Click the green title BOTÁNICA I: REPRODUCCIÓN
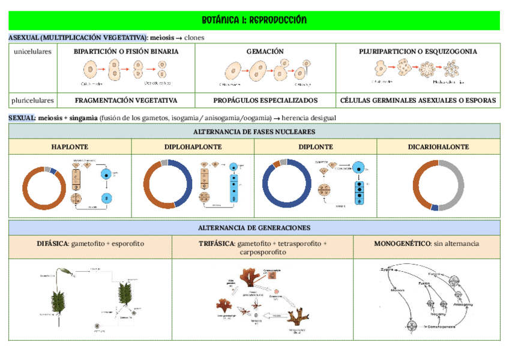coord(254,20)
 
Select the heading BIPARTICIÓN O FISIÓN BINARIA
coord(126,52)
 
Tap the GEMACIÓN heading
coord(265,52)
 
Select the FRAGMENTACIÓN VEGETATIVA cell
coord(126,100)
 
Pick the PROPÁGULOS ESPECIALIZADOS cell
coord(265,100)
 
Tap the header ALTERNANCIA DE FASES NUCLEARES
coord(254,131)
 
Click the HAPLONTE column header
coord(70,147)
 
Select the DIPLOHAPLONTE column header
coord(193,147)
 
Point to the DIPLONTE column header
coord(315,147)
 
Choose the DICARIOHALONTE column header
coord(438,147)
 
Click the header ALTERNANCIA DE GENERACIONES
coord(254,228)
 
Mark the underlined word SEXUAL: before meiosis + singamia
coord(22,118)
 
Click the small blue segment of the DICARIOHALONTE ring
coord(435,208)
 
